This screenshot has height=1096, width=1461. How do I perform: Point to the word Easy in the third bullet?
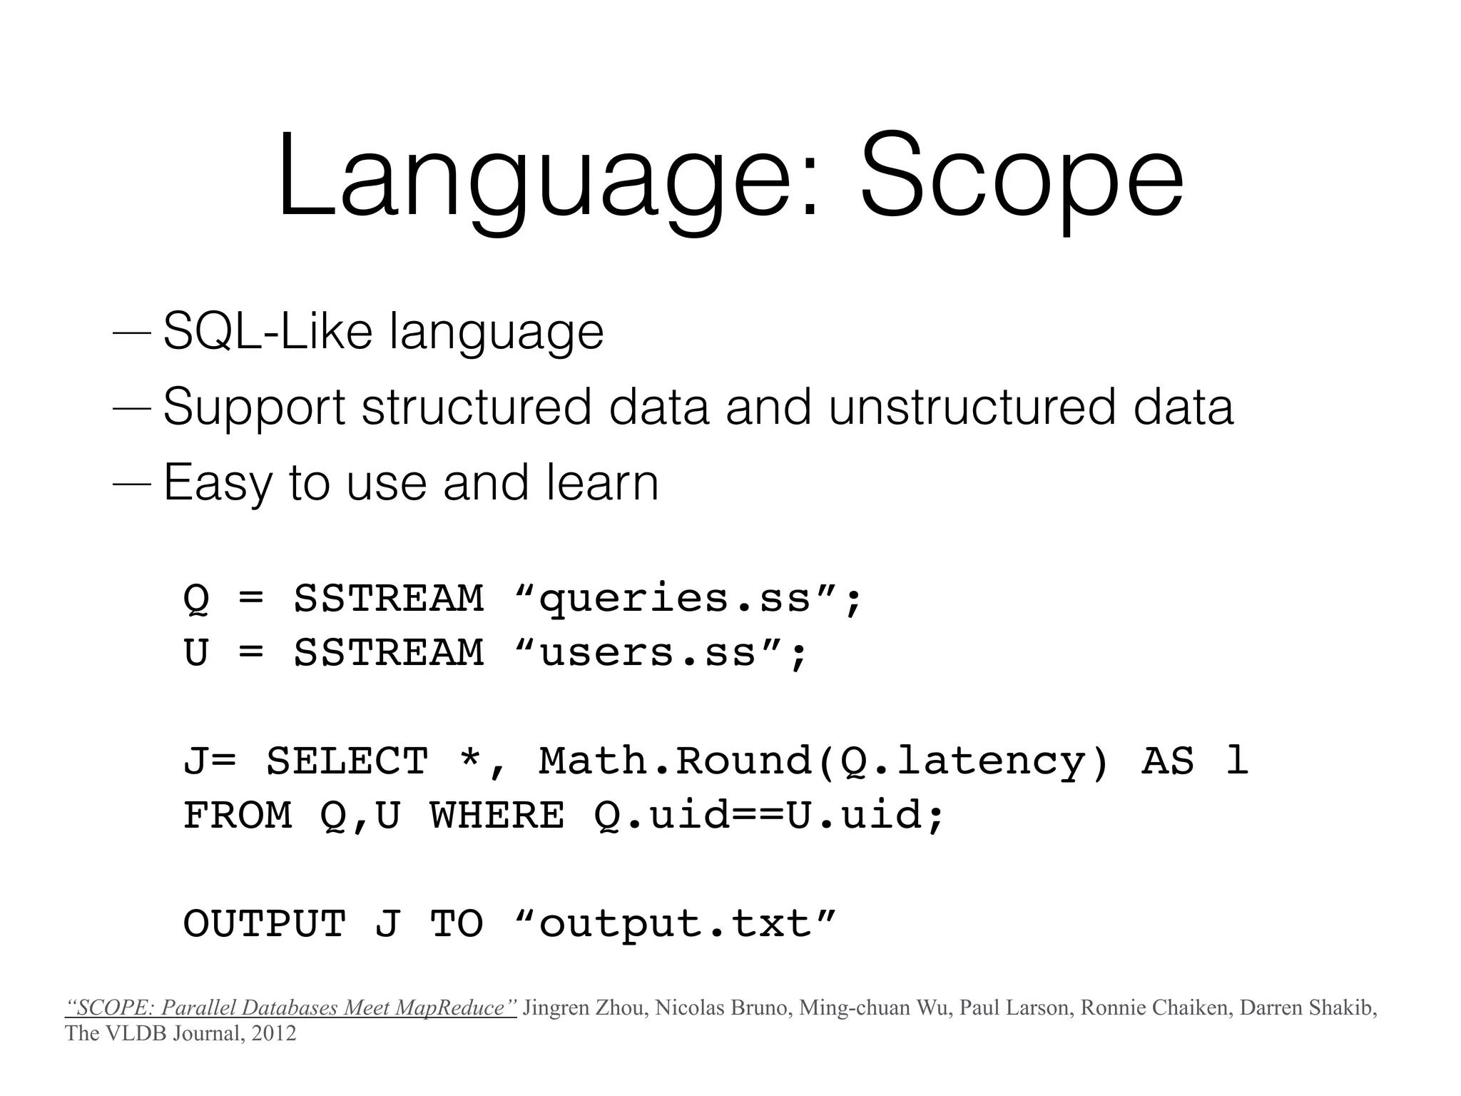pos(218,484)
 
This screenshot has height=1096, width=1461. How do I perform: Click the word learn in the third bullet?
pos(603,482)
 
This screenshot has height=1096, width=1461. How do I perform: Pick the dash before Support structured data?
pos(132,408)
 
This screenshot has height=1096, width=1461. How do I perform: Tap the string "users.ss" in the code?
pos(646,652)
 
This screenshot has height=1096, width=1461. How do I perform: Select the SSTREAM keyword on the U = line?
pos(389,652)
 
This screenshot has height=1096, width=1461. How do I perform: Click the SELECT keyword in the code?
pos(347,761)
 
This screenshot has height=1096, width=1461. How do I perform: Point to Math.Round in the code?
pos(675,761)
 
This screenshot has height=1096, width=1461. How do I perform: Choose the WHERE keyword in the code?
pos(497,815)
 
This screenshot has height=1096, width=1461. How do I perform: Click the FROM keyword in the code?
pos(238,815)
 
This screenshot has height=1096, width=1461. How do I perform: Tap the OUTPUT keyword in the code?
pos(265,923)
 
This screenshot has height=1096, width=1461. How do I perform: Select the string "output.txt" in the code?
pos(674,923)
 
